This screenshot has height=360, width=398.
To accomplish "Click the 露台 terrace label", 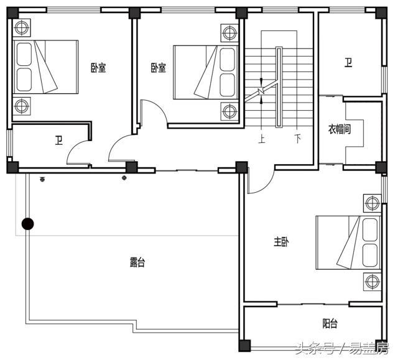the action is (x=137, y=263).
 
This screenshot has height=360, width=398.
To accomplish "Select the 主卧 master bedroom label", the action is (x=281, y=241).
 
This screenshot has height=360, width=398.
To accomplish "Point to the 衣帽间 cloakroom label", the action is (x=340, y=130).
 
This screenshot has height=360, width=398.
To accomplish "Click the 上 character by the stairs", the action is (x=262, y=139).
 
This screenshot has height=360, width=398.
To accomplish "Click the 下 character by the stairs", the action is (x=298, y=139).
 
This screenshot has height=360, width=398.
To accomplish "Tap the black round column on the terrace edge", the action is (x=27, y=224).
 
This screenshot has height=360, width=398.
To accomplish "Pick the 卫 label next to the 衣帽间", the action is (x=349, y=62).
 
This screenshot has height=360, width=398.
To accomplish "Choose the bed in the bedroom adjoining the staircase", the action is (x=205, y=72).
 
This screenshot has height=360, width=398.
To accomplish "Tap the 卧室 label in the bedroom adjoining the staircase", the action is (x=158, y=67).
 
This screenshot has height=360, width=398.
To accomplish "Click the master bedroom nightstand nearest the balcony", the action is (x=373, y=280).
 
